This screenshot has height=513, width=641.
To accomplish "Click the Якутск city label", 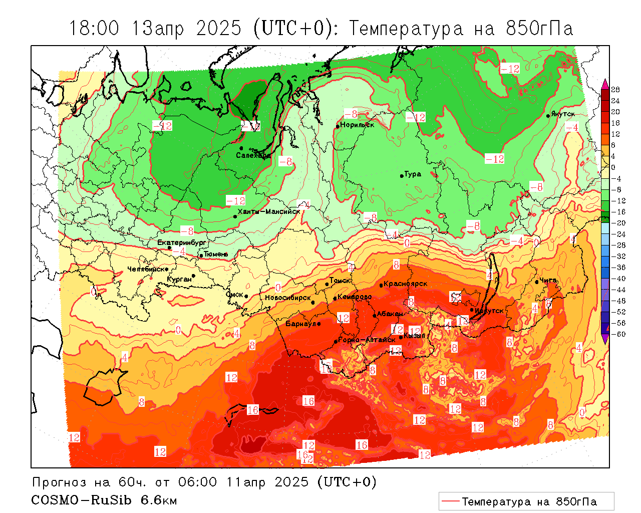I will pyautogui.click(x=563, y=114).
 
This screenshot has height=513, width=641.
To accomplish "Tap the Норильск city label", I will pyautogui.click(x=357, y=125).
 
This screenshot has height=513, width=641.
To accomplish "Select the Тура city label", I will pyautogui.click(x=413, y=174).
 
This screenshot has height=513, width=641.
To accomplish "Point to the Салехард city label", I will pyautogui.click(x=253, y=155).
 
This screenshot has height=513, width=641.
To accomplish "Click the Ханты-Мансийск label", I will pyautogui.click(x=269, y=211).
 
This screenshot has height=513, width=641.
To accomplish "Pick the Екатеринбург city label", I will pyautogui.click(x=182, y=242).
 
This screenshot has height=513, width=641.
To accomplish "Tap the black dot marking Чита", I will pyautogui.click(x=536, y=282).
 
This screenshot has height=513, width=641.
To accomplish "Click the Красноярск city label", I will pyautogui.click(x=406, y=284).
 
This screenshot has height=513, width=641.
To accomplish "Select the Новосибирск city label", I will pyautogui.click(x=288, y=298).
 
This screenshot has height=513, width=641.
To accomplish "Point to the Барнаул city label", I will pyautogui.click(x=300, y=324).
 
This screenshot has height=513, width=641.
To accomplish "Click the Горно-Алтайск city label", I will pyautogui.click(x=367, y=340).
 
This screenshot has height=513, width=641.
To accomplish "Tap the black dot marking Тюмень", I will pyautogui.click(x=201, y=255).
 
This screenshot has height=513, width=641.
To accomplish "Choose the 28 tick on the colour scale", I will pyautogui.click(x=615, y=90).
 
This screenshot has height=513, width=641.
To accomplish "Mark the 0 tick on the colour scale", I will pyautogui.click(x=613, y=167).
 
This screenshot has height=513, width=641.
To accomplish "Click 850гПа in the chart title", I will pyautogui.click(x=539, y=29).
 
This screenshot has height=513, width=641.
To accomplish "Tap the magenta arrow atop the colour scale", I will pyautogui.click(x=605, y=83).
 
